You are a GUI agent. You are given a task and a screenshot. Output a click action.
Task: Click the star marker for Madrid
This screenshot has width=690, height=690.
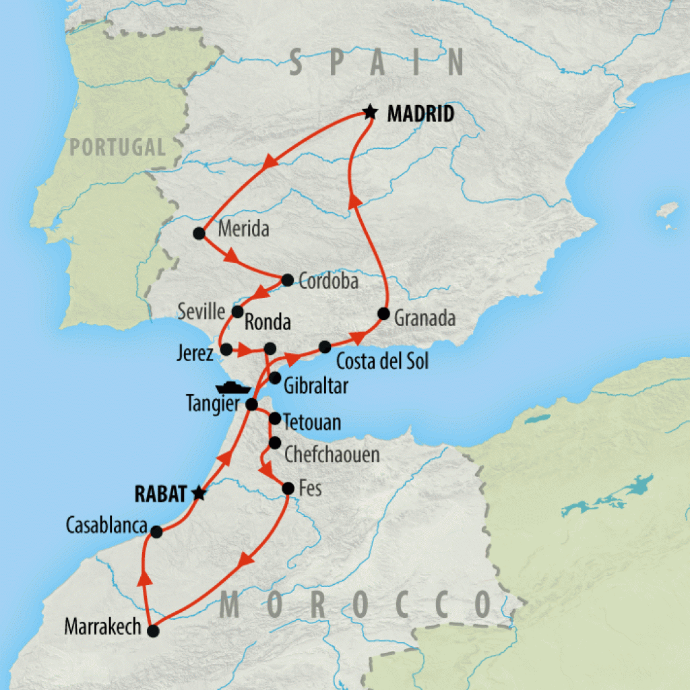point(369,112)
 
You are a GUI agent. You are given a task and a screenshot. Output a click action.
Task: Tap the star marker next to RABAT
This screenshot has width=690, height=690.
point(198,493)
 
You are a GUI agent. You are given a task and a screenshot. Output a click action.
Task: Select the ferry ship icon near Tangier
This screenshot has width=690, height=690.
point(233,388)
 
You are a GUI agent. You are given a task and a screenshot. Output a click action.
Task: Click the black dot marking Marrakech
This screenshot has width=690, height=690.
point(153,631)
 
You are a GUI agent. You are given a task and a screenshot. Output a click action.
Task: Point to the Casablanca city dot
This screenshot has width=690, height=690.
point(156,532)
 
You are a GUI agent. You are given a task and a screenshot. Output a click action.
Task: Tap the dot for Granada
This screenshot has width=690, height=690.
point(383,313)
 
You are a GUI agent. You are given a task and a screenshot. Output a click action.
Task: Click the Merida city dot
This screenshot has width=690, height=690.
point(199,233)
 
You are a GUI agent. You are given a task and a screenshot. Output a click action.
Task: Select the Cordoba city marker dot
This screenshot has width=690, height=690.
point(287,279)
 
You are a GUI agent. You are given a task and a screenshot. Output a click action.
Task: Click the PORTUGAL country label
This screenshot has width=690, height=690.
point(119,146)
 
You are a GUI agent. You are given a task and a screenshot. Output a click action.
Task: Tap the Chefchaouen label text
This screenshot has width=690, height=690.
point(332,454)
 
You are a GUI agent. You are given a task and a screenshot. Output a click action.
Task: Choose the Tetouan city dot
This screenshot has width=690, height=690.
point(275,418)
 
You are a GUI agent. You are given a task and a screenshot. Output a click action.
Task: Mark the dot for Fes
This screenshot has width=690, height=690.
point(287,488)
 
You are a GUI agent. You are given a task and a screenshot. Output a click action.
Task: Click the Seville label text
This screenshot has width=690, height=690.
point(201,311)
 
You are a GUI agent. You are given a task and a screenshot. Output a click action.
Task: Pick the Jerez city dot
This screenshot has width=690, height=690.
point(226,349)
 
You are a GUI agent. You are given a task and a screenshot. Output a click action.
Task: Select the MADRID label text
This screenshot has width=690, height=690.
point(420,114)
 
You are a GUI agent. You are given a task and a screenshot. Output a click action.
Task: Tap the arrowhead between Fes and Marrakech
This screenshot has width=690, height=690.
point(246,559)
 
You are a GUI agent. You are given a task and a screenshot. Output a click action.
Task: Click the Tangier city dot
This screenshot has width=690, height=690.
point(251,404)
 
